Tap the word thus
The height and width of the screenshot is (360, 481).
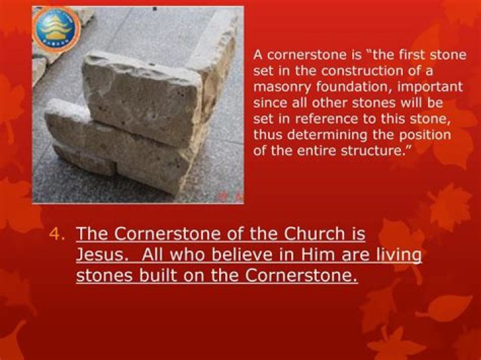point(267,136)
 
